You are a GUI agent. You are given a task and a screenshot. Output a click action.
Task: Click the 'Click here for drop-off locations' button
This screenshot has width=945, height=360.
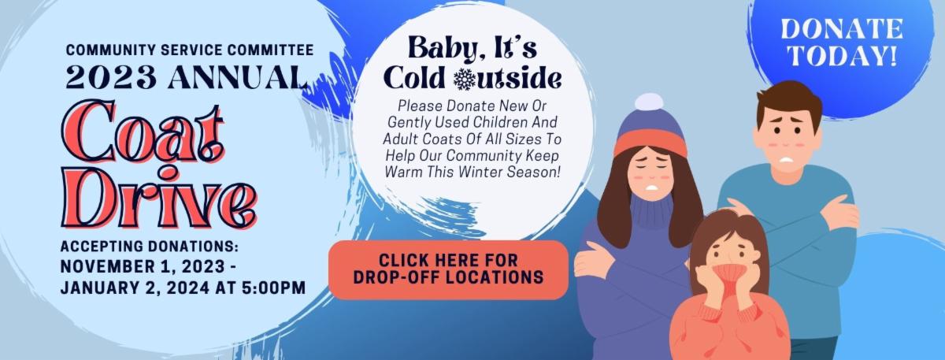448,269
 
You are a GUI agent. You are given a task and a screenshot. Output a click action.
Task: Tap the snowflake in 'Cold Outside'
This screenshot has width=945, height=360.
465,79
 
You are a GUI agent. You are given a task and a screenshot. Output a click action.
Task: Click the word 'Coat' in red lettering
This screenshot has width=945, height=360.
143,131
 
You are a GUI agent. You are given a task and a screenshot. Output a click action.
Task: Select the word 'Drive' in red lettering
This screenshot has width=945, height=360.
159,197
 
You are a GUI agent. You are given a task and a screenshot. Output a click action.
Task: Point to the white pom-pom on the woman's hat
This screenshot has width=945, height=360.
649,102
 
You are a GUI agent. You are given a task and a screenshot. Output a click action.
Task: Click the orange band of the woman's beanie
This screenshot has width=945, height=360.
650,143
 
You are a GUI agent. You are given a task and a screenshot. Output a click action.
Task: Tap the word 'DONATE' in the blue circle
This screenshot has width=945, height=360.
842,28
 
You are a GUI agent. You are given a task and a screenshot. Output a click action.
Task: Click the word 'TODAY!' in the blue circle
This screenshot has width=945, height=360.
843,55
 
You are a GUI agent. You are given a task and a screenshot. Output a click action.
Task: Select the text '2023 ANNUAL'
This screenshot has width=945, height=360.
187,77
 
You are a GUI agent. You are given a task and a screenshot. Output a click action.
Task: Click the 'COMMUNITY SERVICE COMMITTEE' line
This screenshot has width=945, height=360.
190,50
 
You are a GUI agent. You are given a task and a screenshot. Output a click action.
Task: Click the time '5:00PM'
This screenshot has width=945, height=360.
274,288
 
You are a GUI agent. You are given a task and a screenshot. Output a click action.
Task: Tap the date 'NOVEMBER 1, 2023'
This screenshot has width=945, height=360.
143,267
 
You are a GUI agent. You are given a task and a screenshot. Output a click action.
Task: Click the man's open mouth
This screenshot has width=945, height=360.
787,160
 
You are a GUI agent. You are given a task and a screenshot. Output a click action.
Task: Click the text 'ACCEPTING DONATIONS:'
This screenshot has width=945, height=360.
150,246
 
